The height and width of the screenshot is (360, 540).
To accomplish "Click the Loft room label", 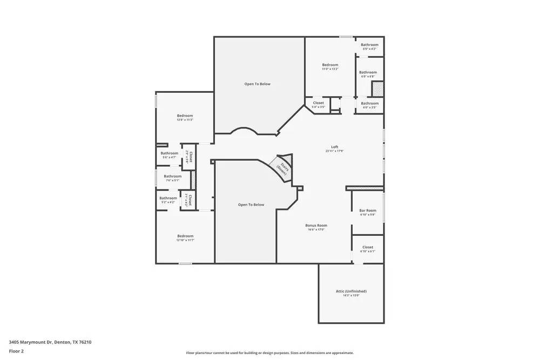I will coord(335,147).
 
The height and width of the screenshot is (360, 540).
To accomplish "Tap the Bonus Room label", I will coord(316,225).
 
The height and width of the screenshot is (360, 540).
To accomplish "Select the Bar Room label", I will coord(368,210).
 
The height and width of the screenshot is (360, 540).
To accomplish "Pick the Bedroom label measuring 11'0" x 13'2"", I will coord(330,65).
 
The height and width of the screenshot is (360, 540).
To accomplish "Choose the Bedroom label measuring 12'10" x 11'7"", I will coord(185,236).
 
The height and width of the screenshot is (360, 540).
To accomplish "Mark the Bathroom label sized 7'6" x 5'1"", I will coord(173,176).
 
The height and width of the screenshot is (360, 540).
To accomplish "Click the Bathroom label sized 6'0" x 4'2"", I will coord(369,45).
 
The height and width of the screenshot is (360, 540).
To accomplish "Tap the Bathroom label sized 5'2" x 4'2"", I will coord(168,198).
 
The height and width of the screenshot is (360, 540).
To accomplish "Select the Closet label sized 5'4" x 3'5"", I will coord(318,103).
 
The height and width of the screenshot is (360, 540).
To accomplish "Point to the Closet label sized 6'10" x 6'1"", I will coord(368,247).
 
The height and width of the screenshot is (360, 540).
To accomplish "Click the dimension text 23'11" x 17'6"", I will coord(335,151).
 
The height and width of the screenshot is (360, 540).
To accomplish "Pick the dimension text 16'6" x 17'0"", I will coord(316,230).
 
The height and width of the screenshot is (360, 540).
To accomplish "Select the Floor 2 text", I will coord(17,351).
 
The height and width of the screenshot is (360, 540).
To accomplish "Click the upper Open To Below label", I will coord(257,84).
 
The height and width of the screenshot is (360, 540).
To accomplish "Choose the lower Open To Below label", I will coord(251,205).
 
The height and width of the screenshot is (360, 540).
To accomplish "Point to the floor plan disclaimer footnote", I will coord(270,352).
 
